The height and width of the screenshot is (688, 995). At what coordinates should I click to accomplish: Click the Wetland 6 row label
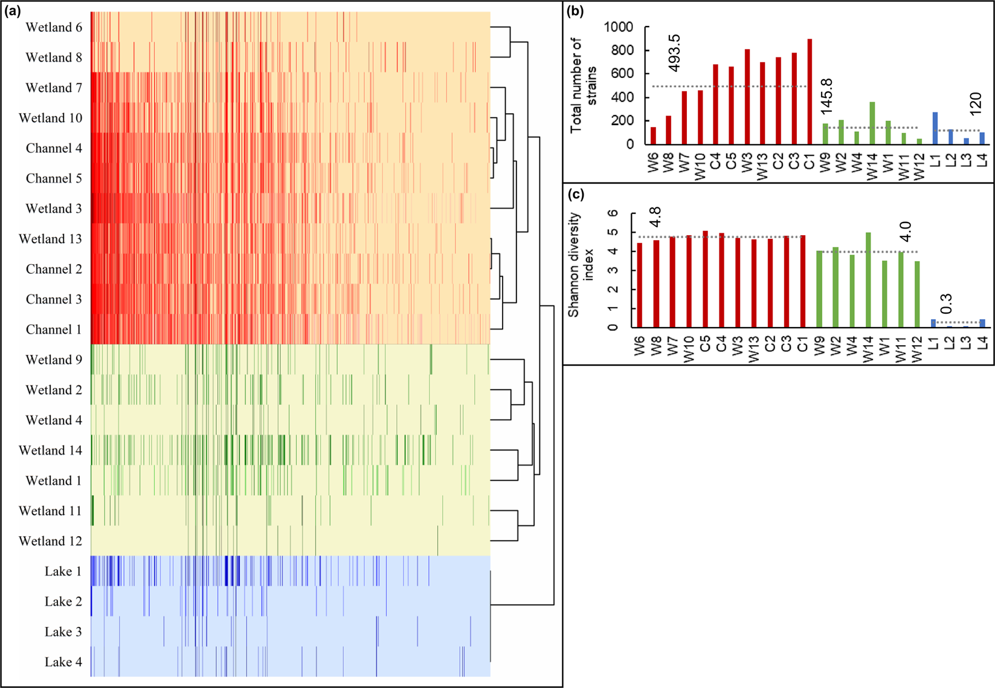pyautogui.click(x=53, y=27)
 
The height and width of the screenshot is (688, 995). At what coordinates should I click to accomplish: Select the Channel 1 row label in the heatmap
pyautogui.click(x=53, y=329)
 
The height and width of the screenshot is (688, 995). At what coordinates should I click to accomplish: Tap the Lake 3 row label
pyautogui.click(x=63, y=632)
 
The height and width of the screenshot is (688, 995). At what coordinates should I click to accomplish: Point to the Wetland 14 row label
pyautogui.click(x=50, y=450)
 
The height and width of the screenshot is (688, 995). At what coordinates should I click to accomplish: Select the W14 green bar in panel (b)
pyautogui.click(x=872, y=123)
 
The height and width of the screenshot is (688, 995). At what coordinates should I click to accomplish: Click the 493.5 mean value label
pyautogui.click(x=674, y=53)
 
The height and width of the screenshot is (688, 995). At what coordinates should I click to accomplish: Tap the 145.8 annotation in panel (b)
pyautogui.click(x=826, y=96)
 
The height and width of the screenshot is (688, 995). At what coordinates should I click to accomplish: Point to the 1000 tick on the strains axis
pyautogui.click(x=619, y=27)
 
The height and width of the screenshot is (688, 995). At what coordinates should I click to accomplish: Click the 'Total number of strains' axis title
pyautogui.click(x=582, y=85)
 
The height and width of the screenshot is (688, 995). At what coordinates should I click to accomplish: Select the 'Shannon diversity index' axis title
pyautogui.click(x=581, y=264)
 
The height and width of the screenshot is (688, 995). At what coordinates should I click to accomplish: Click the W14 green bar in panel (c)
pyautogui.click(x=869, y=280)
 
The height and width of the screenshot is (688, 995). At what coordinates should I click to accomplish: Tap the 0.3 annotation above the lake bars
pyautogui.click(x=946, y=303)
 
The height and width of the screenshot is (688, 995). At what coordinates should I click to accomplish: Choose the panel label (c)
pyautogui.click(x=576, y=194)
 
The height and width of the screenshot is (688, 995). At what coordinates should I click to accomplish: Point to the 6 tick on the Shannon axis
pyautogui.click(x=613, y=213)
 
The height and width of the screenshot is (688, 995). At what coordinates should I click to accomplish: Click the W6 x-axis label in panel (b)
pyautogui.click(x=653, y=163)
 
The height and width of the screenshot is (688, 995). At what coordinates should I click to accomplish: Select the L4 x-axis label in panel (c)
pyautogui.click(x=982, y=343)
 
